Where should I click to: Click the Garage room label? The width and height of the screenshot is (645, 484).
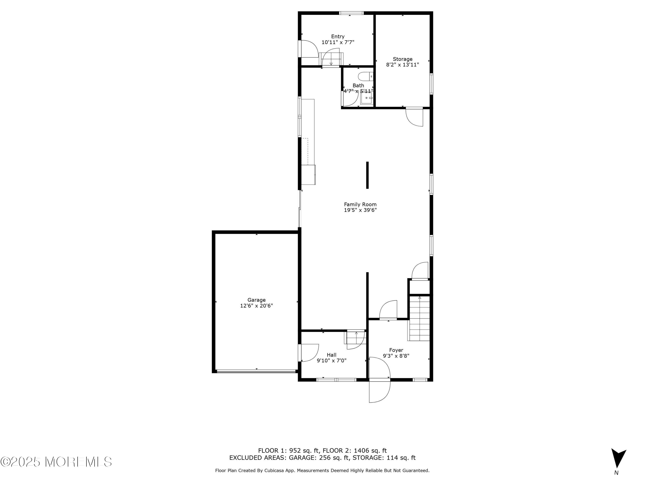(256, 300)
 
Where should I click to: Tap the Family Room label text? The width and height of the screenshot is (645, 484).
(360, 205)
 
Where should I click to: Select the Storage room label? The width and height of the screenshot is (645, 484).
(402, 59)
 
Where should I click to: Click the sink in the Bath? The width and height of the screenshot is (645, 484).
(367, 98)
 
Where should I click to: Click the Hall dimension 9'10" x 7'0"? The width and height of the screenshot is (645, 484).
(332, 360)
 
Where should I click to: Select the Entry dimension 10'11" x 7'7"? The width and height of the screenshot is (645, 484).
(338, 42)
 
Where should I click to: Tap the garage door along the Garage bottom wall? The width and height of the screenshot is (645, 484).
(256, 371)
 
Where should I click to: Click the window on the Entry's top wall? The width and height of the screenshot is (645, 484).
(351, 13)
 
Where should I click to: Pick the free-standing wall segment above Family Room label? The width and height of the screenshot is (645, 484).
(367, 175)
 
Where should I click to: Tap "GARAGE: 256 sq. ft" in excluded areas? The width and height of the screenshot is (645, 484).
(319, 458)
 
